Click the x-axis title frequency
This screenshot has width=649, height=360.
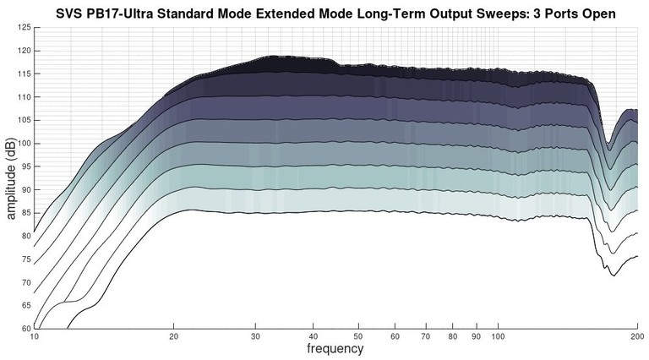(335, 348)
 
